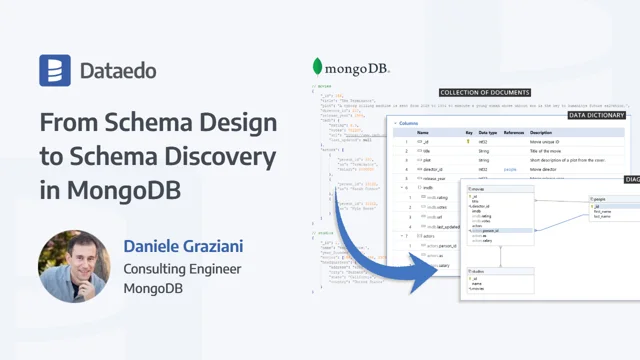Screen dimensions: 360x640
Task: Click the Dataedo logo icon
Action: (x=55, y=71)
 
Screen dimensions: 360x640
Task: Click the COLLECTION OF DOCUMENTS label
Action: (x=485, y=92)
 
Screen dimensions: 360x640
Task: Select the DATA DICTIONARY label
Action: (x=603, y=115)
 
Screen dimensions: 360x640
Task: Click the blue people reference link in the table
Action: (x=511, y=170)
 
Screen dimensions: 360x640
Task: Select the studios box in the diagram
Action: (x=498, y=283)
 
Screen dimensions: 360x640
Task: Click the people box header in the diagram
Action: (x=601, y=199)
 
